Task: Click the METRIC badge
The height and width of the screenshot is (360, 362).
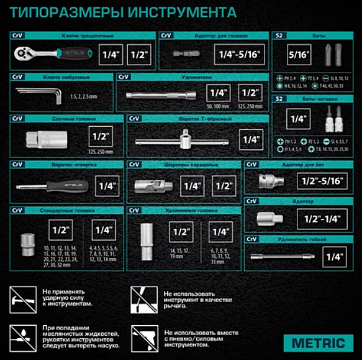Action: coord(318,342)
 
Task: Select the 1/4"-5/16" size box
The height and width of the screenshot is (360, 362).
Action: coord(237,55)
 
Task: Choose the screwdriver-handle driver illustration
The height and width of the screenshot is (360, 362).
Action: coord(50,185)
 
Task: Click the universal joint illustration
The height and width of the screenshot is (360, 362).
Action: coord(152,185)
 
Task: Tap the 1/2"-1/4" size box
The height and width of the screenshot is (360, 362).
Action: coord(320,219)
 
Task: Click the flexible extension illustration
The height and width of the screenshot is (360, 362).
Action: coord(281,256)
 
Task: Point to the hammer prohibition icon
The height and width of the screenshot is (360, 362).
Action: coord(23,298)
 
